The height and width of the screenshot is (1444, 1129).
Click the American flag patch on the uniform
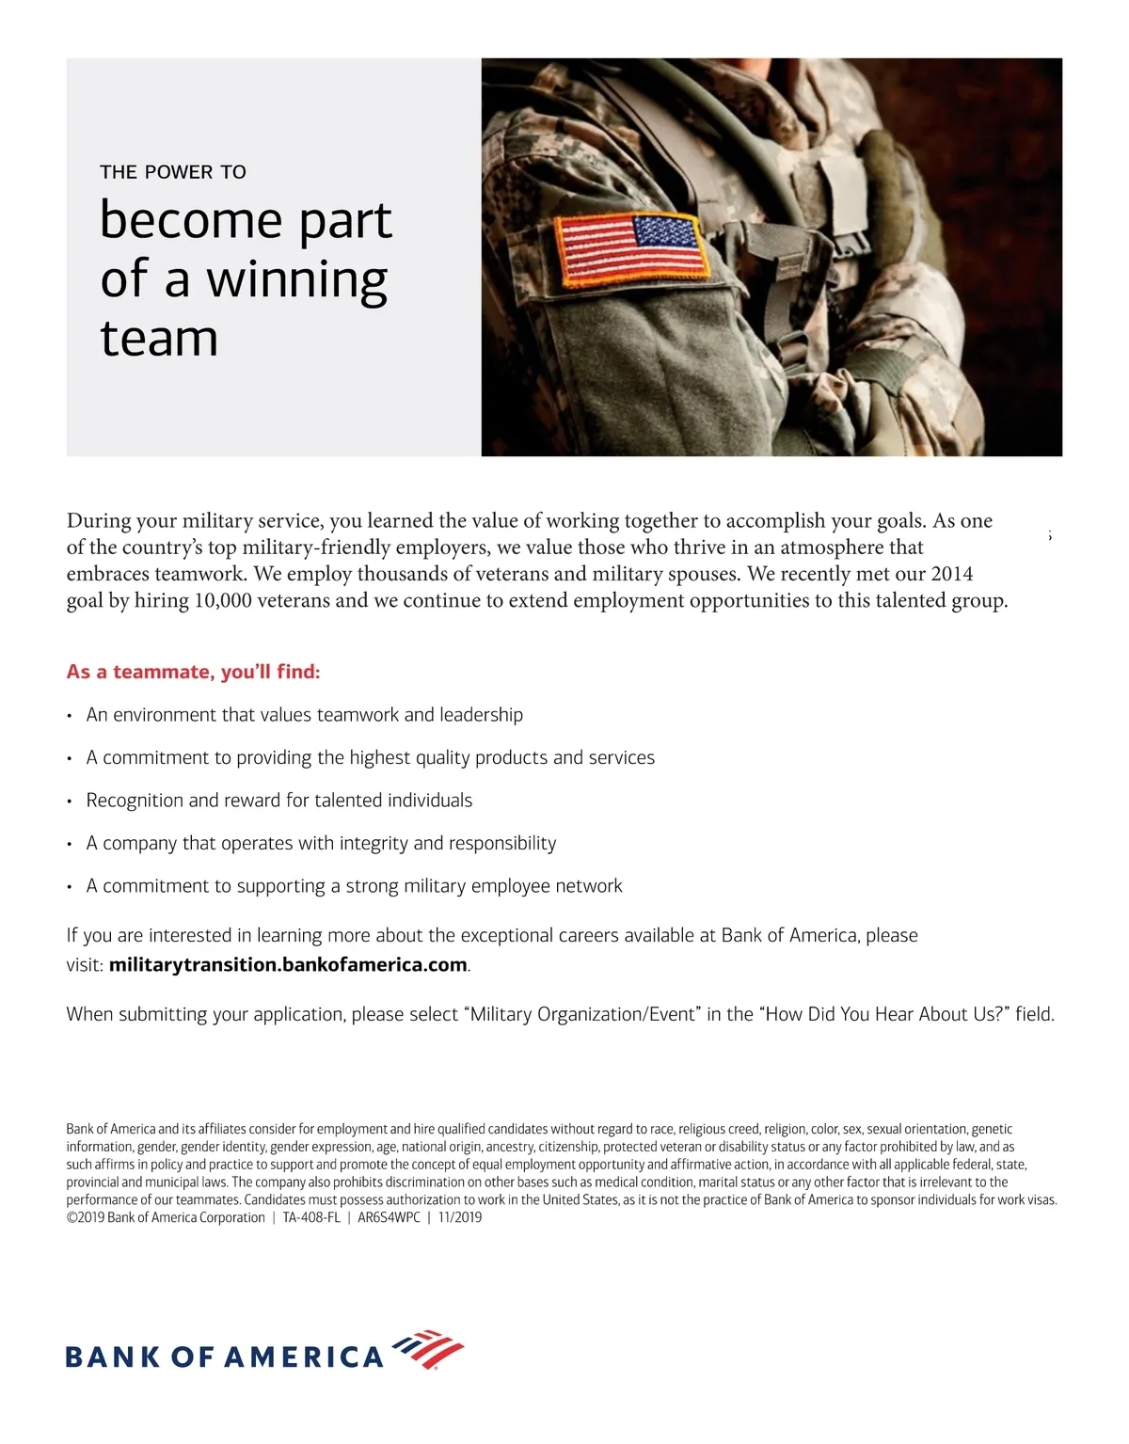tap(631, 248)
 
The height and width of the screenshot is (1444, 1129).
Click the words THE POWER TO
tap(173, 172)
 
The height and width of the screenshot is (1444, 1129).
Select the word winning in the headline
tap(296, 280)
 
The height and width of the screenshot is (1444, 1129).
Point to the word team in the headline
tap(159, 339)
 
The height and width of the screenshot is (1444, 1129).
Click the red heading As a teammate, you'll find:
tap(194, 672)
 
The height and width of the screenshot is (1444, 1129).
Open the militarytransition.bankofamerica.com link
tap(288, 964)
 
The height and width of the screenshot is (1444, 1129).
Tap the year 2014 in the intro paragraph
tap(952, 574)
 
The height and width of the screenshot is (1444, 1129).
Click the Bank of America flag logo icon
tap(428, 1350)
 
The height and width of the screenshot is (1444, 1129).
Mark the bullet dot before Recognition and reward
tap(70, 801)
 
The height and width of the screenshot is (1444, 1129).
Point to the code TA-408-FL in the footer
tap(311, 1217)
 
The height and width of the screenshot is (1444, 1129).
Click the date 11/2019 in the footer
tap(460, 1217)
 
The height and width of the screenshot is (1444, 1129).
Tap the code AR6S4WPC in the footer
tap(389, 1217)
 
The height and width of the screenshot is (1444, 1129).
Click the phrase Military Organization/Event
tap(582, 1014)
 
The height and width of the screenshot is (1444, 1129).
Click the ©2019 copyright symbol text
tap(85, 1217)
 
